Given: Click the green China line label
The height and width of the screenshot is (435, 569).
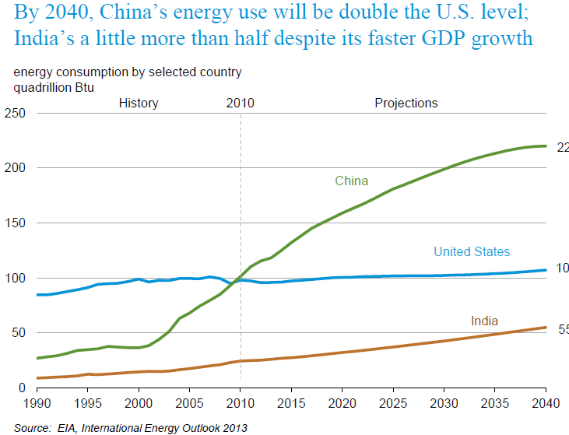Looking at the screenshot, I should click(x=351, y=181).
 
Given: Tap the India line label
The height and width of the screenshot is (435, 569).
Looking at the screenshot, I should click(x=484, y=321).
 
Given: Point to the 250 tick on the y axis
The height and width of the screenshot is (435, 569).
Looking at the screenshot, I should click(x=16, y=114).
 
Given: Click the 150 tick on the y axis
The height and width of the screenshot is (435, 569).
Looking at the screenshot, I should click(x=16, y=223).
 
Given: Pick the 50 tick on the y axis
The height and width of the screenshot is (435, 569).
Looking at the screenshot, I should click(x=19, y=333).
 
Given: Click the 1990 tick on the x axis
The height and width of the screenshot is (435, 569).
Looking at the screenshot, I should click(x=37, y=403).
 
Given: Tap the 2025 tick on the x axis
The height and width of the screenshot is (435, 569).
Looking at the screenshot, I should click(x=393, y=403).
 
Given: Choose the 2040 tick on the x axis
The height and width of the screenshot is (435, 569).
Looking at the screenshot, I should click(x=545, y=403).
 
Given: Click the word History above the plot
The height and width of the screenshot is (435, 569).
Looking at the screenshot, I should click(x=139, y=103).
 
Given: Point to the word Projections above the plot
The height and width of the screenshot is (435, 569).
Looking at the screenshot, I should click(x=406, y=103).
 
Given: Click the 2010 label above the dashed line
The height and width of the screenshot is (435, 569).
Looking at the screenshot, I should click(x=240, y=103).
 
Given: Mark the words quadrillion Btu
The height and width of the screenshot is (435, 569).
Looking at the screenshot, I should click(x=54, y=87).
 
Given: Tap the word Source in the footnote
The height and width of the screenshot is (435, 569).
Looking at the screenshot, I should click(x=32, y=427).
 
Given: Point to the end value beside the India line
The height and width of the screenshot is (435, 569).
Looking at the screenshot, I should click(x=563, y=329).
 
